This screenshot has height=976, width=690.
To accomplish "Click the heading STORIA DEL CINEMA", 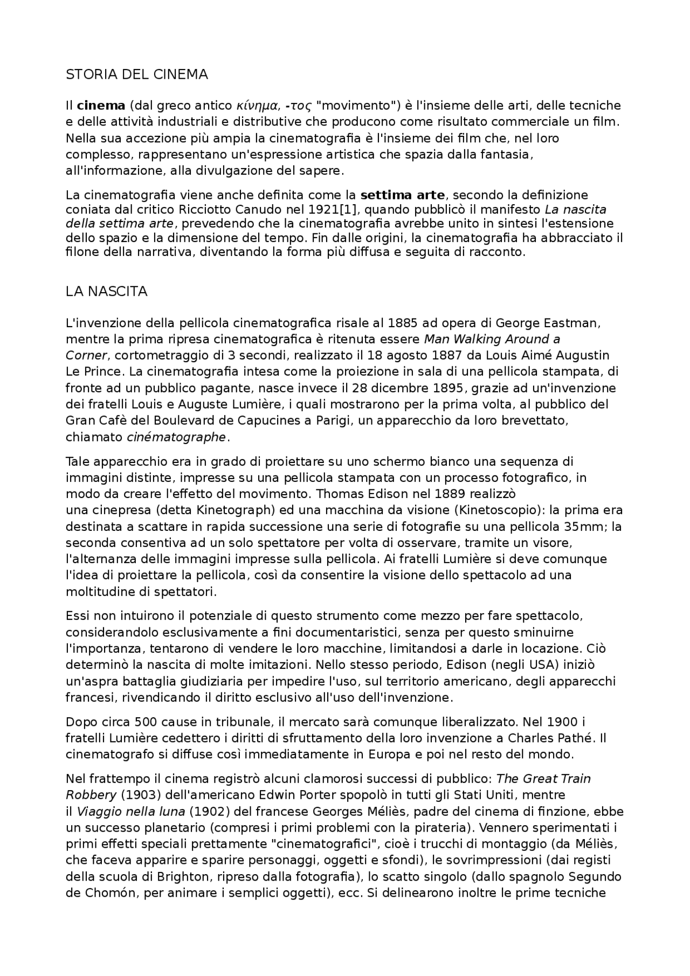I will pyautogui.click(x=136, y=74).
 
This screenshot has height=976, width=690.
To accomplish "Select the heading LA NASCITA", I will pyautogui.click(x=106, y=292).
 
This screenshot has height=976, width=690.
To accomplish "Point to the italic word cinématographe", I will pyautogui.click(x=176, y=437).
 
